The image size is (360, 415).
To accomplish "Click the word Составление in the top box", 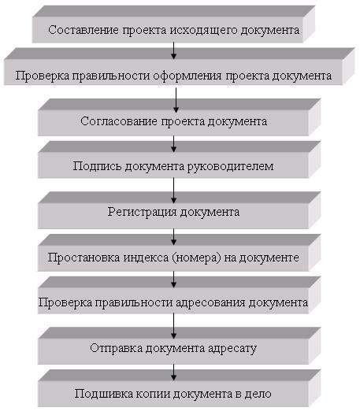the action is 84,30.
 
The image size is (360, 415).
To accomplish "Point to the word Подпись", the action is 98,167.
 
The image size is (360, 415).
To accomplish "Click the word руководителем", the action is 230,167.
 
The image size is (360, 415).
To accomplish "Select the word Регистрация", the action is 143,213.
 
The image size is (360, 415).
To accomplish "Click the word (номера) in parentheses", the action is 197,258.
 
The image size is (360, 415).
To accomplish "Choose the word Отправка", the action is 117,348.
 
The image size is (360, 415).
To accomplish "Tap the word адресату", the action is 232,349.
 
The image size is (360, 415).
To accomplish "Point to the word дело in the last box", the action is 258,394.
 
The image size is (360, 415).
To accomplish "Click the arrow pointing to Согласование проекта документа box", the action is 176,100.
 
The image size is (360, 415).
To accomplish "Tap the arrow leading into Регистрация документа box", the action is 173,190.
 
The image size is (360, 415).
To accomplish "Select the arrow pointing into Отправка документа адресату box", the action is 173,326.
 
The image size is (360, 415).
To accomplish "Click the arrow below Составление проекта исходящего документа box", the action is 173,50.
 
